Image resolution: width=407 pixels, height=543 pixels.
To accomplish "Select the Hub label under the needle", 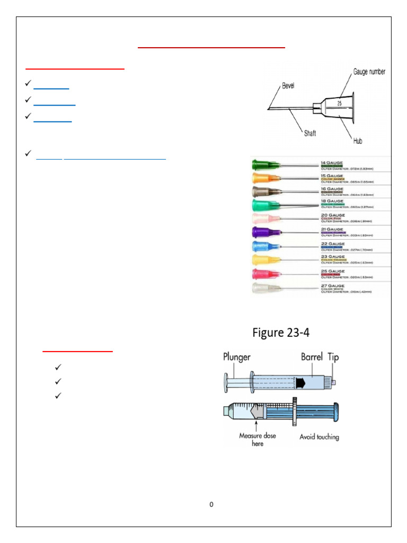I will pyautogui.click(x=358, y=141).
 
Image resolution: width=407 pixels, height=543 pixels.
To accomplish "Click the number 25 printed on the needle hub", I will pyautogui.click(x=340, y=103).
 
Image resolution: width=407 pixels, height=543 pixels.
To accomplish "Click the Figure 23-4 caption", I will pyautogui.click(x=281, y=333).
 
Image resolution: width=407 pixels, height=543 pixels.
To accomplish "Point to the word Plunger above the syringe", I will pyautogui.click(x=236, y=357).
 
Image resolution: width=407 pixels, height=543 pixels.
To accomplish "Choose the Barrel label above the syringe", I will pyautogui.click(x=312, y=357).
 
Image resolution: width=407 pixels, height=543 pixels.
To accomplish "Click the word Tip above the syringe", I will pyautogui.click(x=333, y=357).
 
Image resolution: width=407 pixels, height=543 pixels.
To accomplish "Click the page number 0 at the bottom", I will pyautogui.click(x=211, y=504).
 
